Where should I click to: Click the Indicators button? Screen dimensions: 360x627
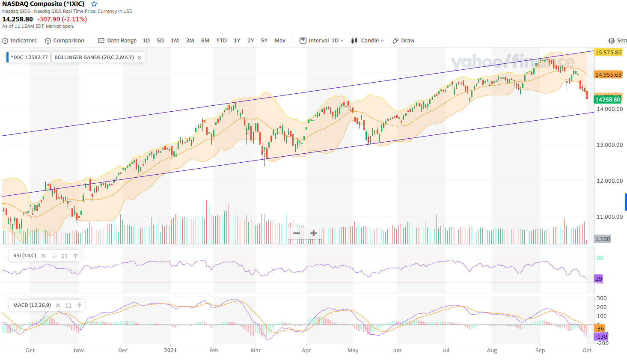20,41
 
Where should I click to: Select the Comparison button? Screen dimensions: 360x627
65,41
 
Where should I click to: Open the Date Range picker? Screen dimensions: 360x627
117,41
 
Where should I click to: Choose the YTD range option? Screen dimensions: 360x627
221,41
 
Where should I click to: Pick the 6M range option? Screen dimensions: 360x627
205,41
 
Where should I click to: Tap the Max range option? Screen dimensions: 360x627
280,41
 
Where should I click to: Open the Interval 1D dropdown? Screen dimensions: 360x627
321,41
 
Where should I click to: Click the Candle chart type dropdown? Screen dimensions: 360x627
367,41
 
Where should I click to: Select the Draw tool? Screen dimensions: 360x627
403,41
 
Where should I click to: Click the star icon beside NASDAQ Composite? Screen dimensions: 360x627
94,4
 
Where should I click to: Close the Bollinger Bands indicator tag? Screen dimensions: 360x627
139,57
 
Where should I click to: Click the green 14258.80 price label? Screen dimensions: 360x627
608,99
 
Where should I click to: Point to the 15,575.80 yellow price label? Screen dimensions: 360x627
608,52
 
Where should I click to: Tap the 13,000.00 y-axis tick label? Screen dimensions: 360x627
609,145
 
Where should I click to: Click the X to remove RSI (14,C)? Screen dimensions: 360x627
43,256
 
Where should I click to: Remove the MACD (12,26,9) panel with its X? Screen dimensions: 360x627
58,305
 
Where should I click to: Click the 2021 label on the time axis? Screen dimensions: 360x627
170,350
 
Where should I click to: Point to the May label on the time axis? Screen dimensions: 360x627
353,350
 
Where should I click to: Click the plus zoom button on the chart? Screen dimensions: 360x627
314,233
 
